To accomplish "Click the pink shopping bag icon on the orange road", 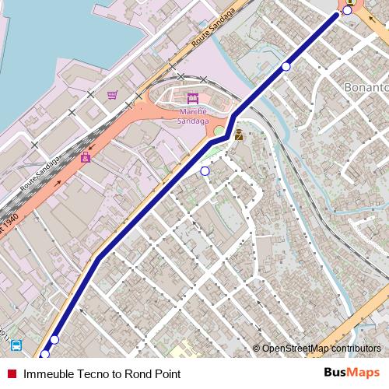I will point(86,157).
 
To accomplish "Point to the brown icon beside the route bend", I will point(239,135).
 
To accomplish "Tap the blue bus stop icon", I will point(17,345).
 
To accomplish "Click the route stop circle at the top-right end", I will point(347,10).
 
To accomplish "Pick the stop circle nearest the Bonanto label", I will point(286,67).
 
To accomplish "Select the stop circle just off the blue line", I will point(205,170).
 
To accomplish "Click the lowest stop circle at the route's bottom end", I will point(44,355).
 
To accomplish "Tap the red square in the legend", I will point(12,374).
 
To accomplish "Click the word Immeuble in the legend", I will point(45,374).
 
